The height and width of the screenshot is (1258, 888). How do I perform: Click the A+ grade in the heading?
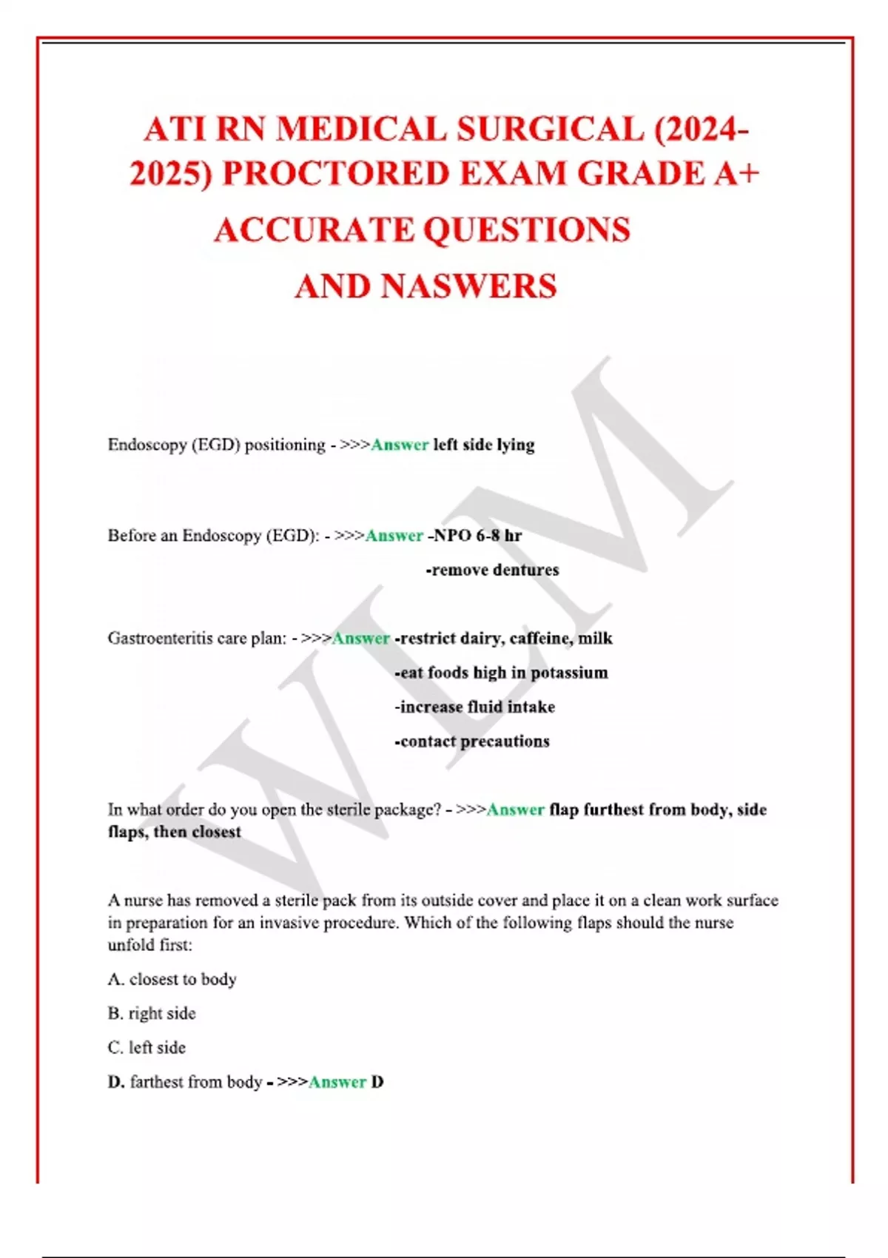tap(737, 175)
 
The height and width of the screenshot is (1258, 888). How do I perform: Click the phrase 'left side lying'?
tap(484, 445)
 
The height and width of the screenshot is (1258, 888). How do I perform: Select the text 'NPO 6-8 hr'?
tap(477, 535)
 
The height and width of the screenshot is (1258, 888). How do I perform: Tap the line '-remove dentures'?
tap(492, 570)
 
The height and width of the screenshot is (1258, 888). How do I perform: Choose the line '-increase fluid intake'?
tap(474, 707)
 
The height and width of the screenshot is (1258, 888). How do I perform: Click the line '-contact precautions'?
tap(471, 741)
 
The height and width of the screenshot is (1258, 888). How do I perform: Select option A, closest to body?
tap(172, 979)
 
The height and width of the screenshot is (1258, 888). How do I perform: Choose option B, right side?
tap(152, 1013)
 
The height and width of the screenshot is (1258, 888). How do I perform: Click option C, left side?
tap(147, 1047)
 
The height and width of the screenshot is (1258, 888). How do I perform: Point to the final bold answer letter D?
tap(377, 1082)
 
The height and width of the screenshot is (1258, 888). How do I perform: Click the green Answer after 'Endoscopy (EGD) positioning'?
tap(400, 445)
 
